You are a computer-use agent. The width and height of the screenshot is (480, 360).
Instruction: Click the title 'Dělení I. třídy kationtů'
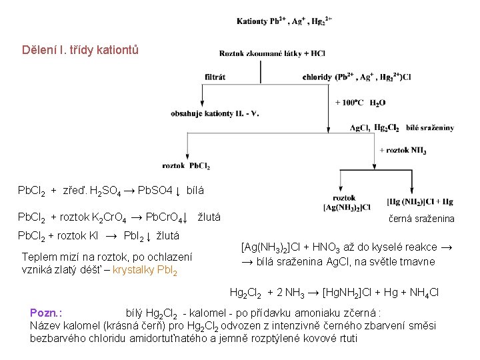click(x=81, y=50)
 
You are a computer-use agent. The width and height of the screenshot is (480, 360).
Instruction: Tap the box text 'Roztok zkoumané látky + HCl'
click(x=272, y=53)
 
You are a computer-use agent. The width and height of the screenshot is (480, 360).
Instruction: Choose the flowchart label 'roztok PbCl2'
click(x=186, y=165)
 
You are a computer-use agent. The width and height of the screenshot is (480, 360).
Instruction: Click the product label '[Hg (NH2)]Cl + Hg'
click(x=420, y=201)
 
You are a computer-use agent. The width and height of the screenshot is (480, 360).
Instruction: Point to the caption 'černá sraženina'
click(x=422, y=218)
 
